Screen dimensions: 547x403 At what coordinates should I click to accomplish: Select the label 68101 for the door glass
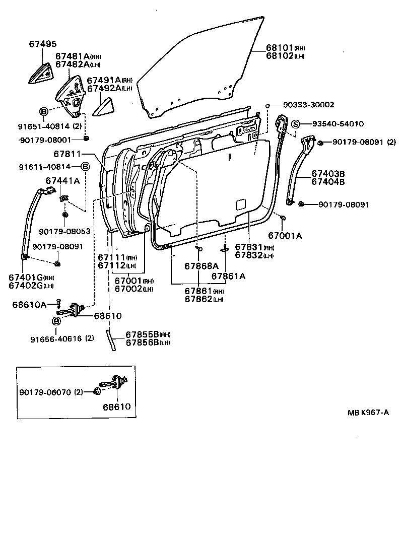(280, 48)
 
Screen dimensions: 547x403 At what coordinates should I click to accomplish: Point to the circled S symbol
(296, 124)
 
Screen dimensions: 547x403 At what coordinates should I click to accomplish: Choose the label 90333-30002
(308, 105)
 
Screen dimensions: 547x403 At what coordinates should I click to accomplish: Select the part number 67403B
(327, 174)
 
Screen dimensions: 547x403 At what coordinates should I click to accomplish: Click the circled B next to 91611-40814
(85, 166)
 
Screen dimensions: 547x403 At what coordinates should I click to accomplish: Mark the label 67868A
(201, 265)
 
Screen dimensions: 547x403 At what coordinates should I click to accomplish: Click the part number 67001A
(285, 235)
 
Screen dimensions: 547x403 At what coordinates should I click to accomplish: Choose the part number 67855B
(142, 334)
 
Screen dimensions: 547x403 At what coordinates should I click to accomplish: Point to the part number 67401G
(26, 277)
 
